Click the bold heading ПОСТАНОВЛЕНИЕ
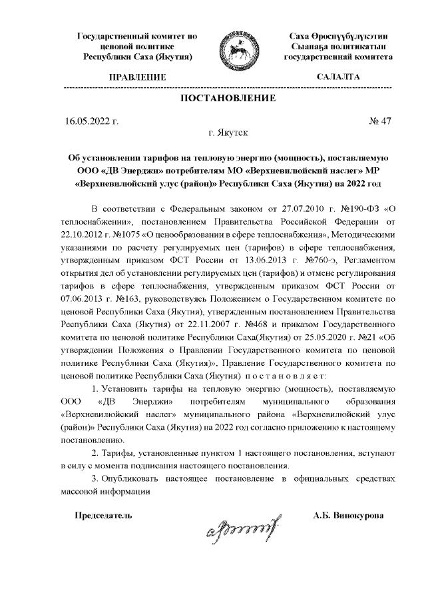[x=228, y=99]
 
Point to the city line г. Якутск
[x=228, y=134]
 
